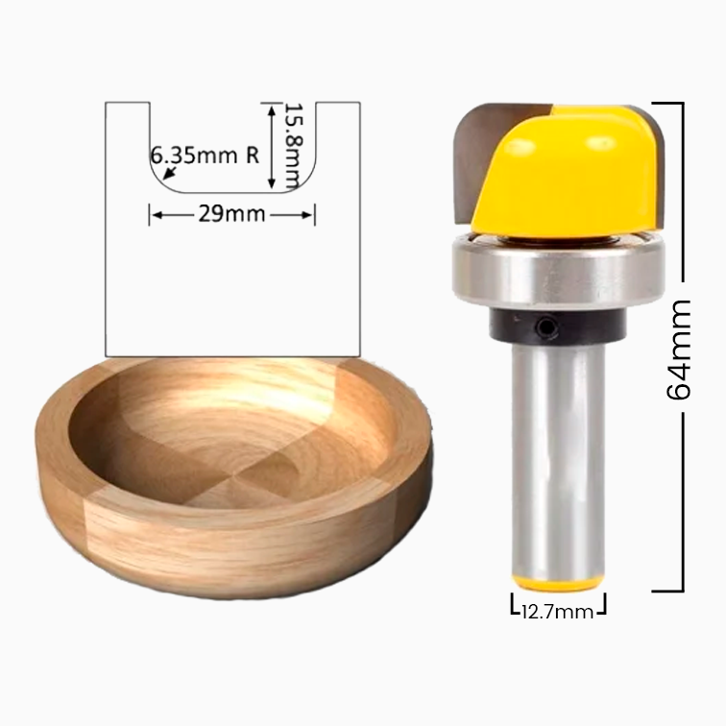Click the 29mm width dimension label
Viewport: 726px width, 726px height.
231,214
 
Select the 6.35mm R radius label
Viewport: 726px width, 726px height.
205,156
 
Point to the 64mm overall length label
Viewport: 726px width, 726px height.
678,350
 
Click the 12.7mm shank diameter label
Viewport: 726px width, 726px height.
557,612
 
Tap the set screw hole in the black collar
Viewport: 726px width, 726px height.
547,327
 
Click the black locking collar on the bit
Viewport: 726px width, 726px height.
557,325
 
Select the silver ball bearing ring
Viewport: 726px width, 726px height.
558,271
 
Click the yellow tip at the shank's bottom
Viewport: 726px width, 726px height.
558,583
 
